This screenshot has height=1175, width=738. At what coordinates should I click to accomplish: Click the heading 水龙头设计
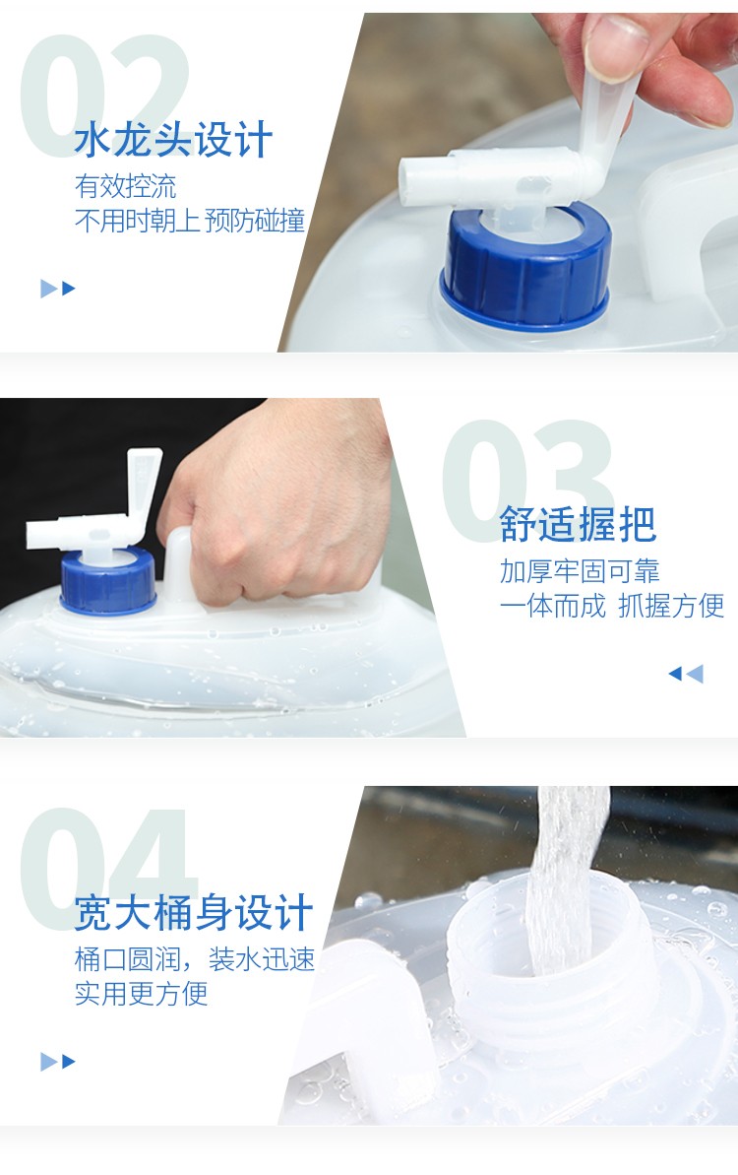(x=173, y=141)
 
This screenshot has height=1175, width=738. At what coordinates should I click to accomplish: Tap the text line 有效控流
(x=126, y=186)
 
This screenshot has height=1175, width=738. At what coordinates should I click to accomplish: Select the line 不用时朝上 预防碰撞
(x=190, y=221)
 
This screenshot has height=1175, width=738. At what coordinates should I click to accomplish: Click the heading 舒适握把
(x=578, y=524)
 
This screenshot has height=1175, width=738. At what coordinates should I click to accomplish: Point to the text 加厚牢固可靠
(x=581, y=571)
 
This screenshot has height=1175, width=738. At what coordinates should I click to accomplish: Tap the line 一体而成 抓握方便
(x=612, y=606)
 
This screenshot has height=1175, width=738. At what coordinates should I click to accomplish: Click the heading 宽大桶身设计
(x=193, y=913)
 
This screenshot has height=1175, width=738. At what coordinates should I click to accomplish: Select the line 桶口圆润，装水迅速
(x=195, y=959)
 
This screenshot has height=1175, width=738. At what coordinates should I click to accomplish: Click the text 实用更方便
(x=141, y=994)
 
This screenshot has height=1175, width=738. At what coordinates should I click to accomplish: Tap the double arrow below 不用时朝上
(x=58, y=289)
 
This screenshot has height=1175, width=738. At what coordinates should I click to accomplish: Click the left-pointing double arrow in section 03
(x=686, y=674)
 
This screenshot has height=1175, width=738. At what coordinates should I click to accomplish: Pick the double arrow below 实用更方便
(x=58, y=1061)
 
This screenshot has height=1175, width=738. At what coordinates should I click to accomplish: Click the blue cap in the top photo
(x=525, y=267)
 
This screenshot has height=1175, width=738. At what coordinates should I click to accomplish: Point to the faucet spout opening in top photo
(x=408, y=182)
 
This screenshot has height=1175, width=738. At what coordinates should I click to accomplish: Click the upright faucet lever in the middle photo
(x=143, y=480)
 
